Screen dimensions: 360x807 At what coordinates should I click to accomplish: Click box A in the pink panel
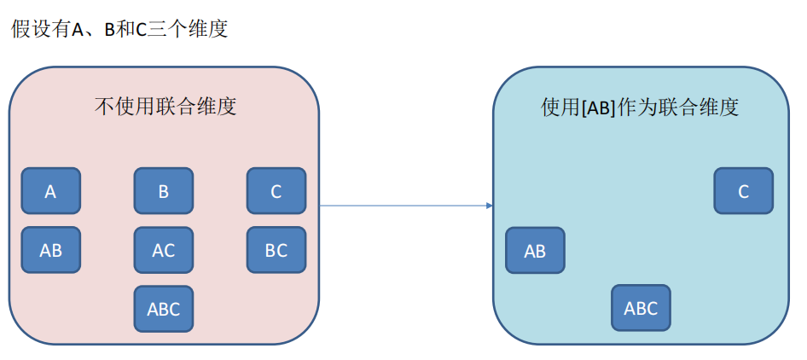pyautogui.click(x=50, y=191)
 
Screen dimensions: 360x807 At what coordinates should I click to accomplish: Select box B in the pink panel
pyautogui.click(x=163, y=191)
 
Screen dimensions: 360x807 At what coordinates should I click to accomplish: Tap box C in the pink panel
pyautogui.click(x=276, y=191)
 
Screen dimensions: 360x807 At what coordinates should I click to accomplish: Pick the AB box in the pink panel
pyautogui.click(x=50, y=250)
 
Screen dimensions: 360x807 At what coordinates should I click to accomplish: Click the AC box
pyautogui.click(x=163, y=250)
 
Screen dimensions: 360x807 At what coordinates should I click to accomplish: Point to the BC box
pyautogui.click(x=276, y=250)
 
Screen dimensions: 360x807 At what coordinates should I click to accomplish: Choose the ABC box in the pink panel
pyautogui.click(x=163, y=309)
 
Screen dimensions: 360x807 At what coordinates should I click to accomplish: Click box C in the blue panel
pyautogui.click(x=743, y=191)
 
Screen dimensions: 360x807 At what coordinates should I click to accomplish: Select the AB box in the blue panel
pyautogui.click(x=535, y=250)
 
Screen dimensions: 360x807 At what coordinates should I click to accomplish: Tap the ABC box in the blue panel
pyautogui.click(x=641, y=308)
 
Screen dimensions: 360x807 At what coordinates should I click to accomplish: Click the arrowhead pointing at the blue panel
pyautogui.click(x=490, y=206)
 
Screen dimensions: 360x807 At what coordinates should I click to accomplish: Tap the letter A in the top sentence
pyautogui.click(x=77, y=30)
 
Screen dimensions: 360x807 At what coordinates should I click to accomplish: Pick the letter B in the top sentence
pyautogui.click(x=109, y=30)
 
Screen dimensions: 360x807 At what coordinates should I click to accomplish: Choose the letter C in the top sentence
pyautogui.click(x=142, y=30)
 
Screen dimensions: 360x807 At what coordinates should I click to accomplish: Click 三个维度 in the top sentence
pyautogui.click(x=189, y=29)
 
